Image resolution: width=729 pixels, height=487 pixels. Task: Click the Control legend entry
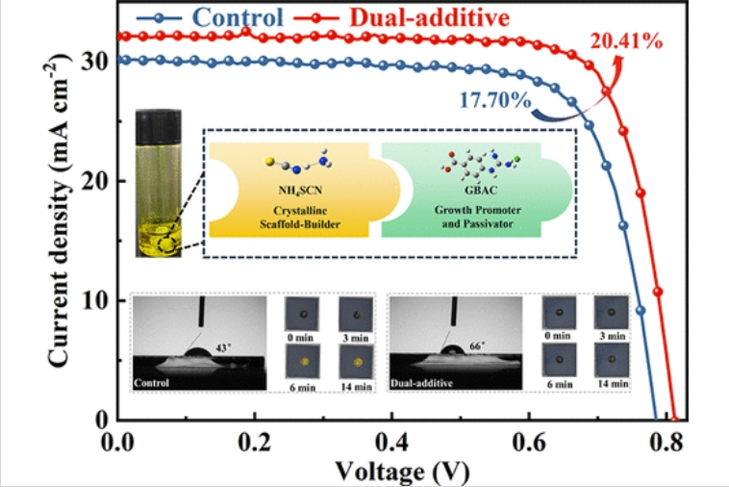click(x=237, y=16)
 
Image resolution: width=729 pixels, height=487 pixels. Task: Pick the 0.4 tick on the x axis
click(x=392, y=445)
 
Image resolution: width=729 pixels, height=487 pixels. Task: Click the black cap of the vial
click(x=160, y=122)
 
